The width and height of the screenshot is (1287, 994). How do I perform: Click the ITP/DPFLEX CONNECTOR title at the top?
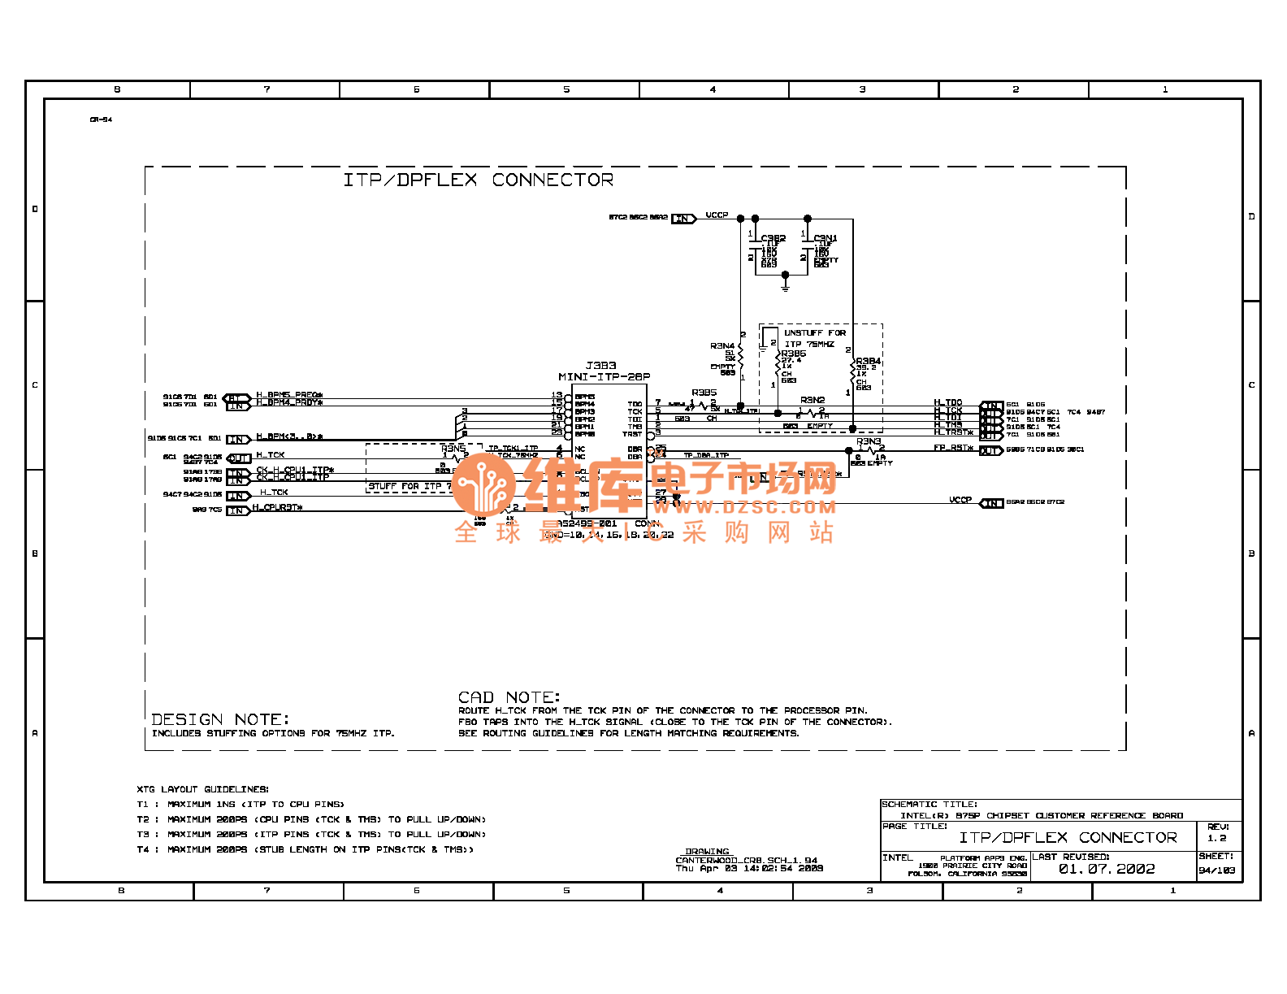(478, 180)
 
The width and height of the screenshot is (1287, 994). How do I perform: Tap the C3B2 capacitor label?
(773, 238)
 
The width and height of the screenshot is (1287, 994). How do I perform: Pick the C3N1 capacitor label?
(825, 238)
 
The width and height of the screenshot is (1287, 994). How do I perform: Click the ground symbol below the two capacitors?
(785, 284)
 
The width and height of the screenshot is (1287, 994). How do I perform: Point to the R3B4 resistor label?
(868, 361)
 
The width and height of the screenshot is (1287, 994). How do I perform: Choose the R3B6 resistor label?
(793, 354)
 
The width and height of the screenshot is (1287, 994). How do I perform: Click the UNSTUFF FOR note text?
(814, 332)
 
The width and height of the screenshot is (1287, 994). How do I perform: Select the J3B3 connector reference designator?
(600, 366)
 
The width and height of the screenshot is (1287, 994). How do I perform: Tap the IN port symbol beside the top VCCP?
(683, 218)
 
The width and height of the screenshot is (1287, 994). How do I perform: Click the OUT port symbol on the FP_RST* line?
(990, 450)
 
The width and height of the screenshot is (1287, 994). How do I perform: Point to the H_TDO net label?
(947, 402)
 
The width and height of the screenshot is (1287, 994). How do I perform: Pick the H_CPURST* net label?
(277, 507)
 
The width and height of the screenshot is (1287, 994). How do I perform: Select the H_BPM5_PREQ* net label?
(289, 395)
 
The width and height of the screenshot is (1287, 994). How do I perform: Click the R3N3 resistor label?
(868, 441)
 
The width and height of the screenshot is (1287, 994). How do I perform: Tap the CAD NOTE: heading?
(509, 697)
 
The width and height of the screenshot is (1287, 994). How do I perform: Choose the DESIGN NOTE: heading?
(220, 719)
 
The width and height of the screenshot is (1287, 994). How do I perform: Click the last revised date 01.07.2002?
(1106, 869)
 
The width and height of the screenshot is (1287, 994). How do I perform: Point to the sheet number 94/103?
(1216, 870)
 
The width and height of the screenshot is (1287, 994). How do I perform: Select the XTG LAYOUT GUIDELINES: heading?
(202, 788)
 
